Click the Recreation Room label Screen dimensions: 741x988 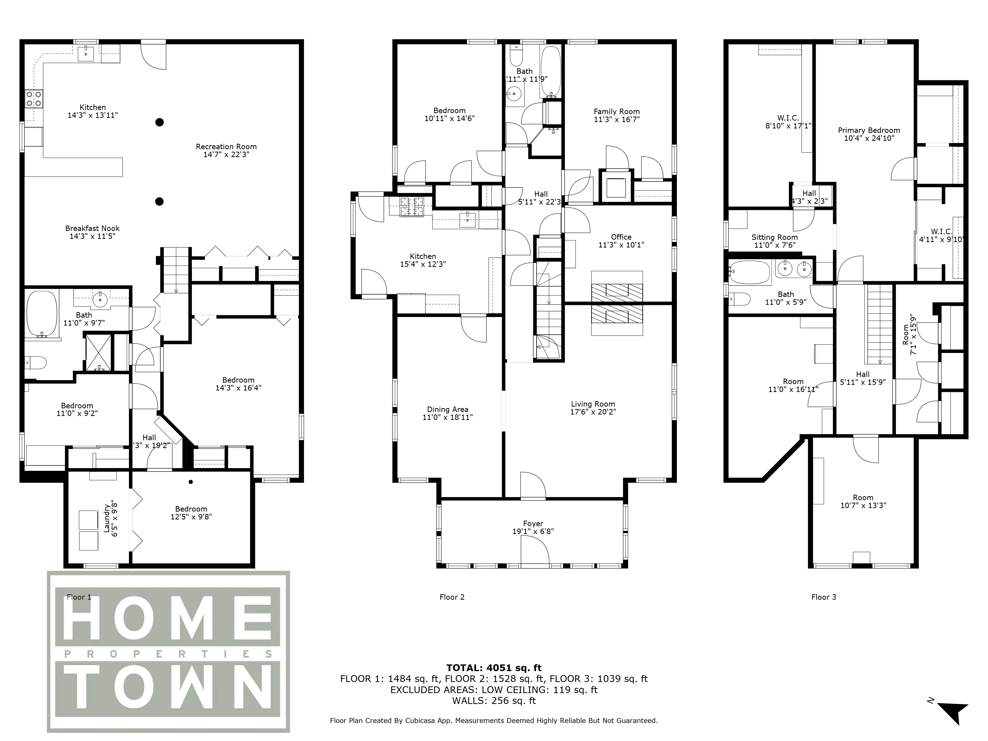click(226, 146)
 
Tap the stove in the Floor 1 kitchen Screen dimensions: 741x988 click(34, 99)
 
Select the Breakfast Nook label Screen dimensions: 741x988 click(92, 228)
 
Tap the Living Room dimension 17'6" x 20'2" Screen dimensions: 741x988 click(593, 412)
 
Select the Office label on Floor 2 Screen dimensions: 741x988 click(621, 237)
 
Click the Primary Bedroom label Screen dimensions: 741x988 click(869, 130)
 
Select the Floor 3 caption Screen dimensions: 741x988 click(823, 597)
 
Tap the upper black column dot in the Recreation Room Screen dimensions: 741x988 click(160, 122)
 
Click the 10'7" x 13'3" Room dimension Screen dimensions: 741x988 click(863, 505)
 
